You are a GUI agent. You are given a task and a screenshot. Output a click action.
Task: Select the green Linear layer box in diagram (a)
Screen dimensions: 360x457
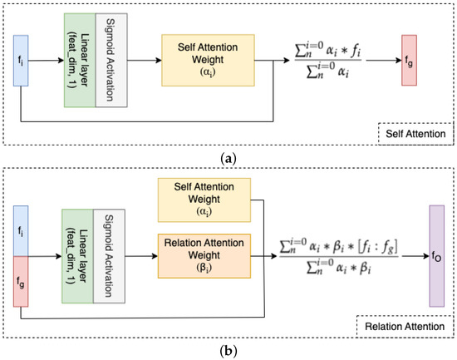[77, 60]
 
